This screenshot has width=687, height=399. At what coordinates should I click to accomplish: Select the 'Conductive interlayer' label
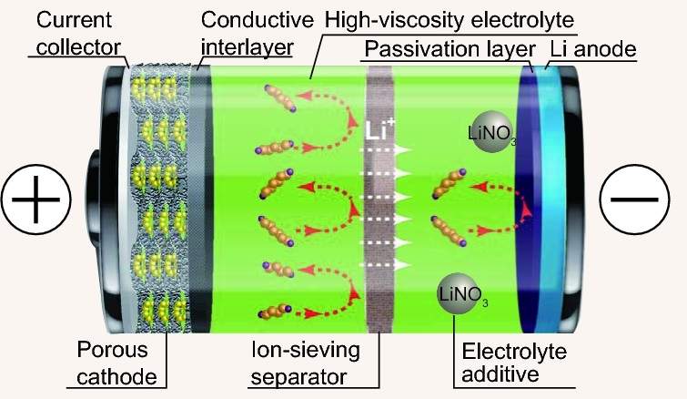pyautogui.click(x=257, y=30)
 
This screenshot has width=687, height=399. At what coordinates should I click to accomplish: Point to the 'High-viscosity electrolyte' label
pyautogui.click(x=454, y=17)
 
